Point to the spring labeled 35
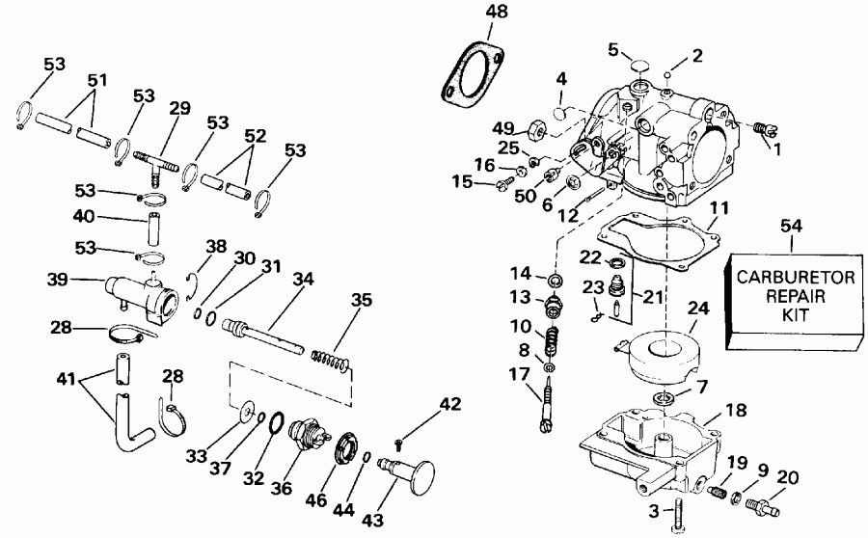pos(330,359)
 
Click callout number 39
pos(55,280)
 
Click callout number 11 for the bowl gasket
pos(716,209)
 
